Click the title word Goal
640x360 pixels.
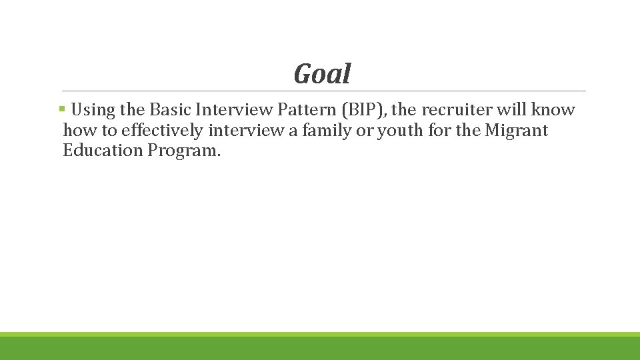click(322, 74)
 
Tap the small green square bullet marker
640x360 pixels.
click(61, 108)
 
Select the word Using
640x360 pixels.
click(93, 110)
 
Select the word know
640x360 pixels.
click(553, 110)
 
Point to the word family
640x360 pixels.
click(327, 130)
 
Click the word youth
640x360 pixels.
click(399, 130)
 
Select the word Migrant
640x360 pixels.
click(516, 130)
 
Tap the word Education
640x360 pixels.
click(103, 150)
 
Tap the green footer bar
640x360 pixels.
click(320, 347)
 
